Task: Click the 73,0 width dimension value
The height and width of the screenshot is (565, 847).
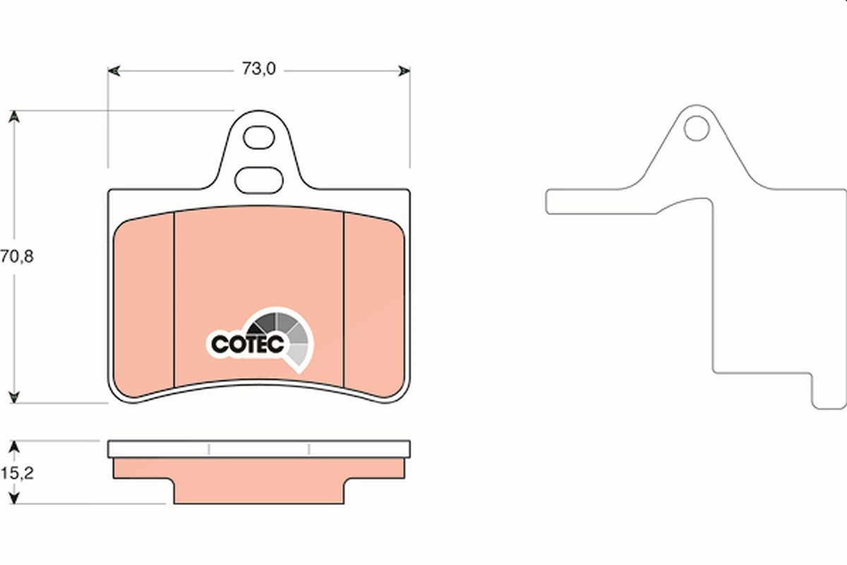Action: pyautogui.click(x=259, y=69)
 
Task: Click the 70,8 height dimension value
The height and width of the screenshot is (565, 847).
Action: pyautogui.click(x=17, y=256)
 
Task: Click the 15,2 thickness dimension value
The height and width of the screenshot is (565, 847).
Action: pyautogui.click(x=18, y=473)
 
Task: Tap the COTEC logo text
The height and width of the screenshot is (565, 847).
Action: pyautogui.click(x=247, y=344)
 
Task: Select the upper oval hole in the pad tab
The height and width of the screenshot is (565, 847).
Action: pyautogui.click(x=258, y=138)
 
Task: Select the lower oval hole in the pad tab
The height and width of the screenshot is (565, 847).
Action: pyautogui.click(x=258, y=180)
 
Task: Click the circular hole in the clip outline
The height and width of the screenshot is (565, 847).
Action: pyautogui.click(x=696, y=129)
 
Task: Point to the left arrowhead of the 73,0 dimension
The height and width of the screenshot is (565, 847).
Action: pyautogui.click(x=114, y=71)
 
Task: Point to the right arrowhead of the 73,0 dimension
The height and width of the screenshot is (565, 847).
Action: pyautogui.click(x=404, y=71)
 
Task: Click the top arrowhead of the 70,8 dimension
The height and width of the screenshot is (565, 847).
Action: pyautogui.click(x=14, y=117)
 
